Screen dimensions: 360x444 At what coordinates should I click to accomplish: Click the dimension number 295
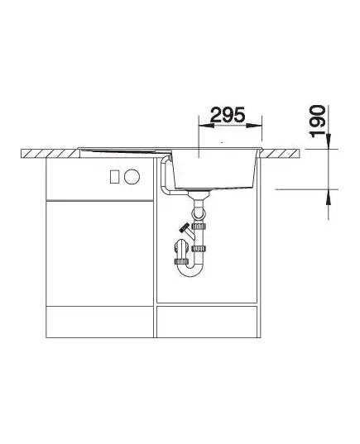pyautogui.click(x=228, y=115)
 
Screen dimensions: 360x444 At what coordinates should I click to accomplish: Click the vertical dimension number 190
pyautogui.click(x=317, y=122)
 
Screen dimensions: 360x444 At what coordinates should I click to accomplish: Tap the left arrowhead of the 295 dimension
pyautogui.click(x=207, y=126)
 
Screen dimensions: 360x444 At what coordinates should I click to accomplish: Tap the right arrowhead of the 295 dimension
pyautogui.click(x=254, y=126)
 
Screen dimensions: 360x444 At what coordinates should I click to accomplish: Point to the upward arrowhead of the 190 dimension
pyautogui.click(x=329, y=197)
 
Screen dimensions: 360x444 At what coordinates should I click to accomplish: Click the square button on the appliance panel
pyautogui.click(x=115, y=177)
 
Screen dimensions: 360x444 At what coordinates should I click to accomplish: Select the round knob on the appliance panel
pyautogui.click(x=132, y=177)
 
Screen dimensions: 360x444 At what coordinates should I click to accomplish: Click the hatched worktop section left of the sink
pyautogui.click(x=50, y=154)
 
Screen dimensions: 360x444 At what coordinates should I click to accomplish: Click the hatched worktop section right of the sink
pyautogui.click(x=279, y=154)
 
